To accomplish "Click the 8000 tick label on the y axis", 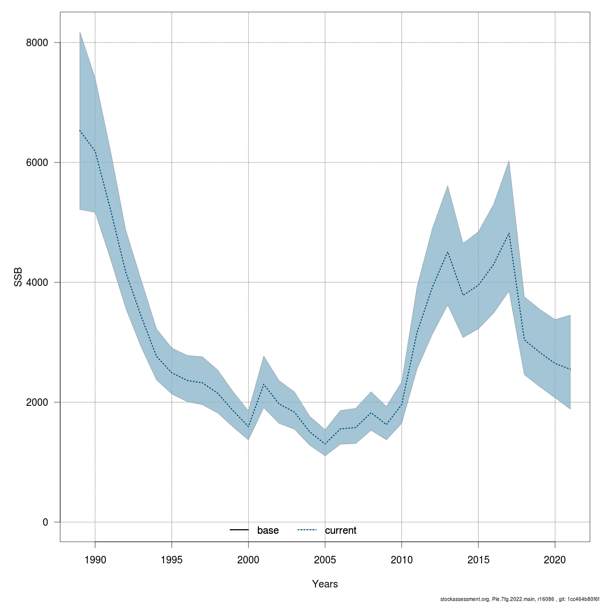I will tap(37, 43).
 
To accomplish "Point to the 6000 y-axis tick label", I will tap(37, 163).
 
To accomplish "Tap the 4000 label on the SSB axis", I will tap(37, 282).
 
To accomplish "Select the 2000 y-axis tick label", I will tap(37, 402).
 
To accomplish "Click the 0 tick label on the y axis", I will tap(45, 522).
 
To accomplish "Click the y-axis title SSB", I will tap(19, 276).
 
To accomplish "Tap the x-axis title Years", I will tap(325, 584).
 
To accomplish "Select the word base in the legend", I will tap(268, 530).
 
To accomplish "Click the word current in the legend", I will tap(341, 530).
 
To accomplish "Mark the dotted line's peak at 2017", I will tap(509, 233).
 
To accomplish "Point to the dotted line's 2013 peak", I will tap(447, 252).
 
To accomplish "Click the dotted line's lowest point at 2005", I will tap(325, 444).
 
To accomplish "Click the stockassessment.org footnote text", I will tap(519, 599).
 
